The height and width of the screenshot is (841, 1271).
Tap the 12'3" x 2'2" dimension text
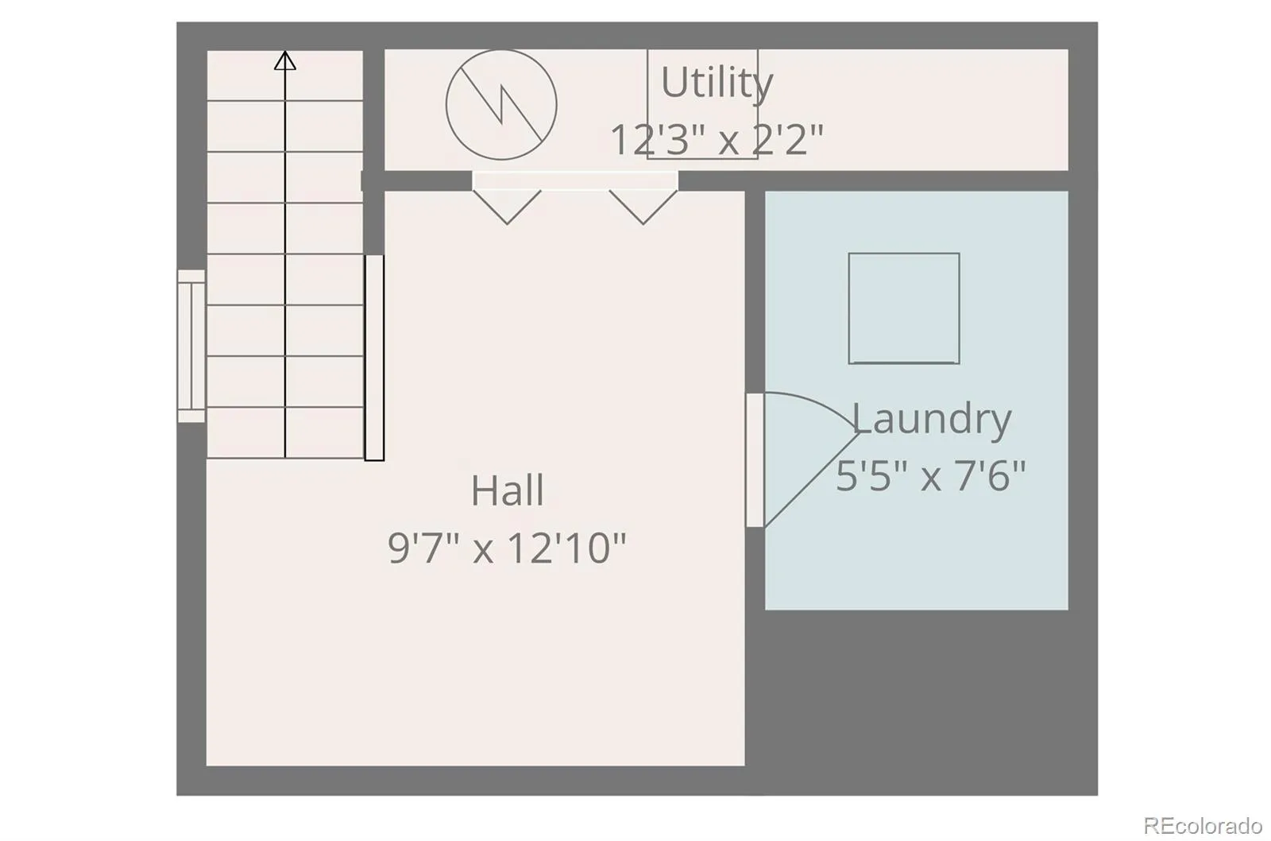point(717,140)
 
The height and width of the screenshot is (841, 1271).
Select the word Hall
point(508,490)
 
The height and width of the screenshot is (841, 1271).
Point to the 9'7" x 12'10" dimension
point(507,548)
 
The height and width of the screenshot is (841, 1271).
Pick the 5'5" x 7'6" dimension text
point(931,476)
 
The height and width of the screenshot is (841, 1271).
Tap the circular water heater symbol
point(501,104)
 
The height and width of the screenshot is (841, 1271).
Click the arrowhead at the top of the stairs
point(285,60)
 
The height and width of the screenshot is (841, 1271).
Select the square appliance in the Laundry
point(904,308)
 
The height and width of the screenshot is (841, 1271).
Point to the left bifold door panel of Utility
point(508,207)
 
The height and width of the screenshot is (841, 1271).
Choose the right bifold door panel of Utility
point(643,207)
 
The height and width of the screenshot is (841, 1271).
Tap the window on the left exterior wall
point(191,346)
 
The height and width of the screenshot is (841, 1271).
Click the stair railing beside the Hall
point(374,358)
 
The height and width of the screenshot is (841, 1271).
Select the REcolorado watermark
point(1203,824)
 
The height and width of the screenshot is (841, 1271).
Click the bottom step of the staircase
point(285,432)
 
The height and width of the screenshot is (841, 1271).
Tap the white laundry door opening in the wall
point(755,460)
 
